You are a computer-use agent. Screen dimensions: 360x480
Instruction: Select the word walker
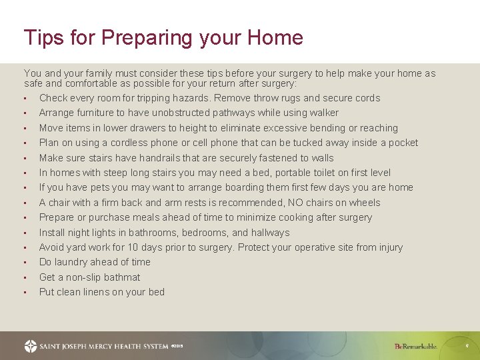pos(323,113)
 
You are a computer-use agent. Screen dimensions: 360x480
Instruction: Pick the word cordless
pos(127,143)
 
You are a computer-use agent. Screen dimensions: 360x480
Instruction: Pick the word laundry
pos(73,262)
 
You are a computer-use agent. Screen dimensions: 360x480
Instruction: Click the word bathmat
pos(119,277)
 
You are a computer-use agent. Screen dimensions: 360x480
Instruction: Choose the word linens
pos(105,292)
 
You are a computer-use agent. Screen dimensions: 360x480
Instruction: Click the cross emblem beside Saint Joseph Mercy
pos(31,346)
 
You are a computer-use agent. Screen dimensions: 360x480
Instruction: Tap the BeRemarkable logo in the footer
pos(415,346)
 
